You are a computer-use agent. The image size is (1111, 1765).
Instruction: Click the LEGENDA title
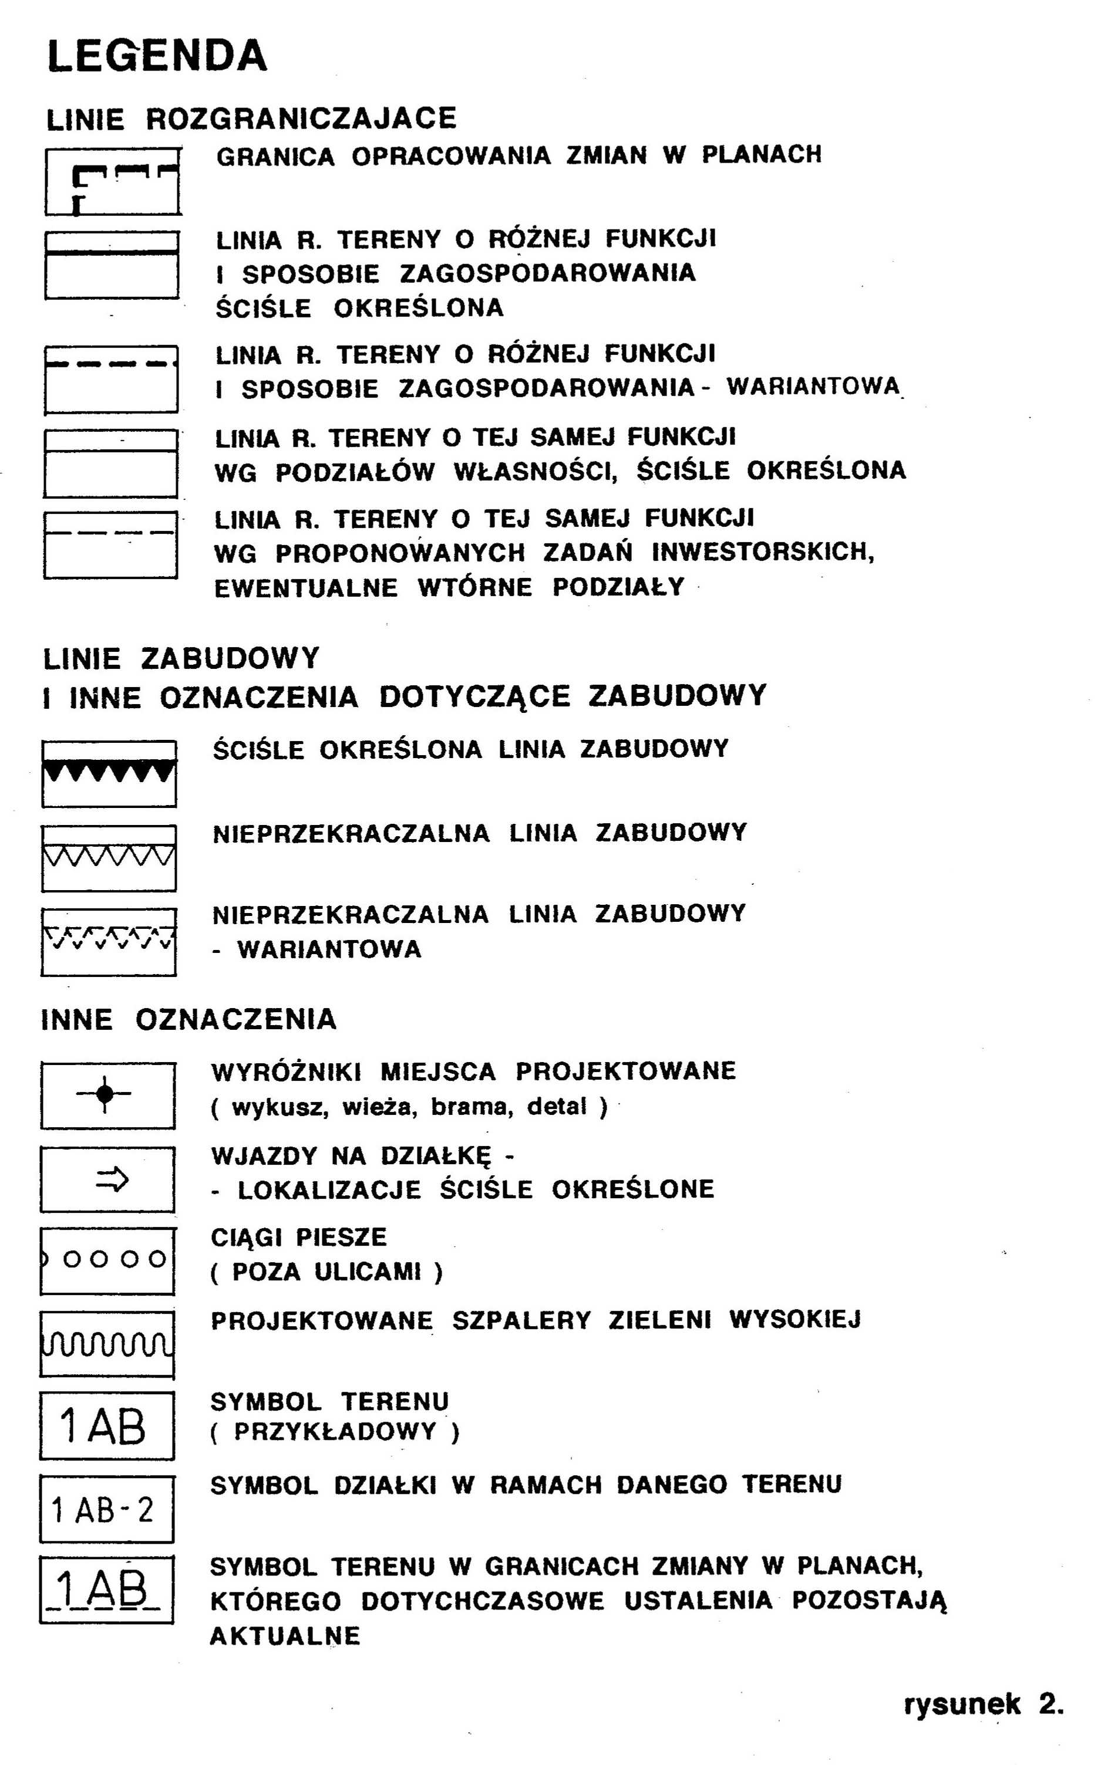tap(157, 56)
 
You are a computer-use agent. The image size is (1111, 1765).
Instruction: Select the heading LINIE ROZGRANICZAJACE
tap(251, 119)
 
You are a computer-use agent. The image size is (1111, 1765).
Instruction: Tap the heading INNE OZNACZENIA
tap(188, 1020)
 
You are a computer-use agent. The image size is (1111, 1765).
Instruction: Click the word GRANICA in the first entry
tap(275, 156)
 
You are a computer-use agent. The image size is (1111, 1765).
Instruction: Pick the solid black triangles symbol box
tap(109, 773)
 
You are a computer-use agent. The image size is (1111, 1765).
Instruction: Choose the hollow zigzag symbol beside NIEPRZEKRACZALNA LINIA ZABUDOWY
tap(109, 858)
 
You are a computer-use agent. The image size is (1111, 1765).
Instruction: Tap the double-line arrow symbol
tap(112, 1179)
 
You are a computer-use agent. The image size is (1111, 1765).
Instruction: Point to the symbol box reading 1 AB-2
tap(106, 1511)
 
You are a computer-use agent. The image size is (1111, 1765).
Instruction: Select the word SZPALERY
tap(521, 1320)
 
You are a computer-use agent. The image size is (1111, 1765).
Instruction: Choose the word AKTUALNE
tap(285, 1636)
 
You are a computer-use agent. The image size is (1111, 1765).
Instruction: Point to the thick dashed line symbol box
tap(111, 378)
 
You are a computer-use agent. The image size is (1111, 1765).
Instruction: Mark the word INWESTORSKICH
tap(763, 552)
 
